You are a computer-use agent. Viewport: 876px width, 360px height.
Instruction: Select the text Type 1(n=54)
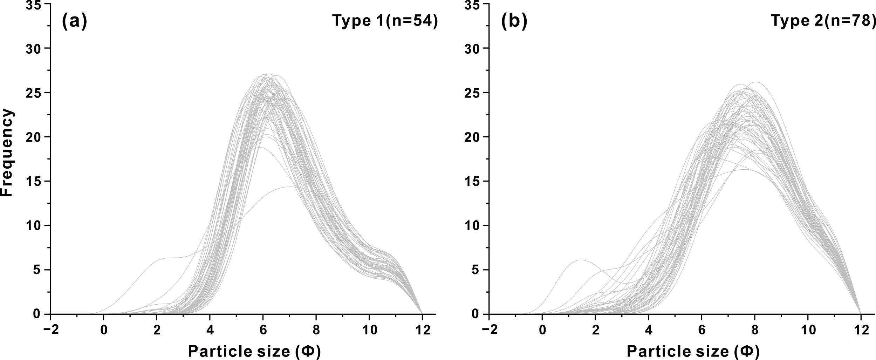pos(385,21)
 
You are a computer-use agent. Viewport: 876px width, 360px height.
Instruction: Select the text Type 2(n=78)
pos(823,21)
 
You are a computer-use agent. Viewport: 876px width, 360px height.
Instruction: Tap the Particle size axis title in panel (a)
pos(254,351)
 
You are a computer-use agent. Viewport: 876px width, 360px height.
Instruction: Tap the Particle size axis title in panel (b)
pos(693,351)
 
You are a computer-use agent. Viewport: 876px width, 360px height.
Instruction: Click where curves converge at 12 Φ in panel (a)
pos(422,313)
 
